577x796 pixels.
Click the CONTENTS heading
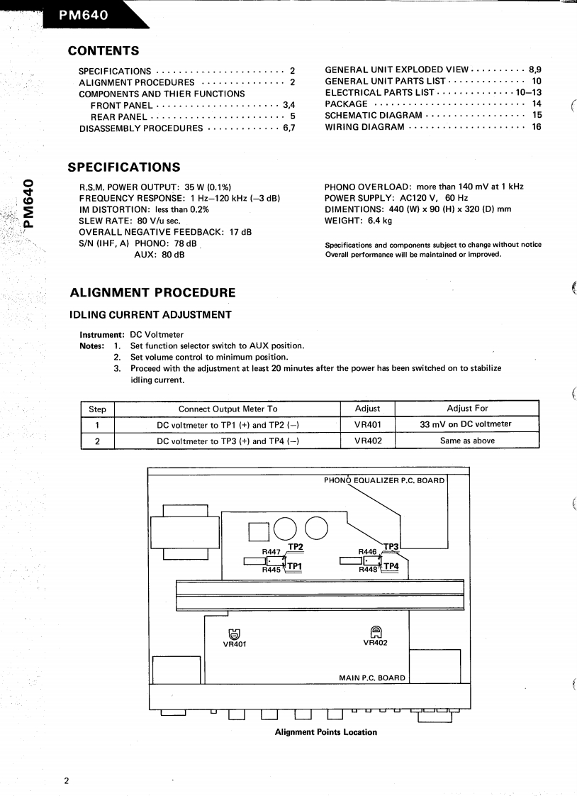click(x=102, y=50)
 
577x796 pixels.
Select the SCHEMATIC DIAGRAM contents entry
click(x=374, y=115)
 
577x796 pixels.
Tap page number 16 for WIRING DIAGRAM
click(x=536, y=127)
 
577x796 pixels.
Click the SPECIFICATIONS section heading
click(x=123, y=167)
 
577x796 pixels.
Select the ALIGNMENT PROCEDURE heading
click(x=152, y=292)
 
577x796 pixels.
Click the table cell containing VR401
click(x=367, y=424)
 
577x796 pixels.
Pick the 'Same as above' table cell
click(x=467, y=441)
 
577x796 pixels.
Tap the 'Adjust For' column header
click(x=467, y=409)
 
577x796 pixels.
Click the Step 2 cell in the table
click(x=96, y=441)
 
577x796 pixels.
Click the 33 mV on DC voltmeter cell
click(x=466, y=424)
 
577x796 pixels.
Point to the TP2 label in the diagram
click(x=296, y=547)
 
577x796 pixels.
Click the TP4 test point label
click(x=391, y=566)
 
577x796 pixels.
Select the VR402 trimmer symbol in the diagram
click(x=375, y=631)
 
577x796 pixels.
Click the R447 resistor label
click(x=271, y=551)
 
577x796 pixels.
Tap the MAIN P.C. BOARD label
click(x=371, y=678)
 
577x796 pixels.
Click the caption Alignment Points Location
click(x=325, y=731)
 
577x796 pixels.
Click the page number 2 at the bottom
click(x=67, y=781)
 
